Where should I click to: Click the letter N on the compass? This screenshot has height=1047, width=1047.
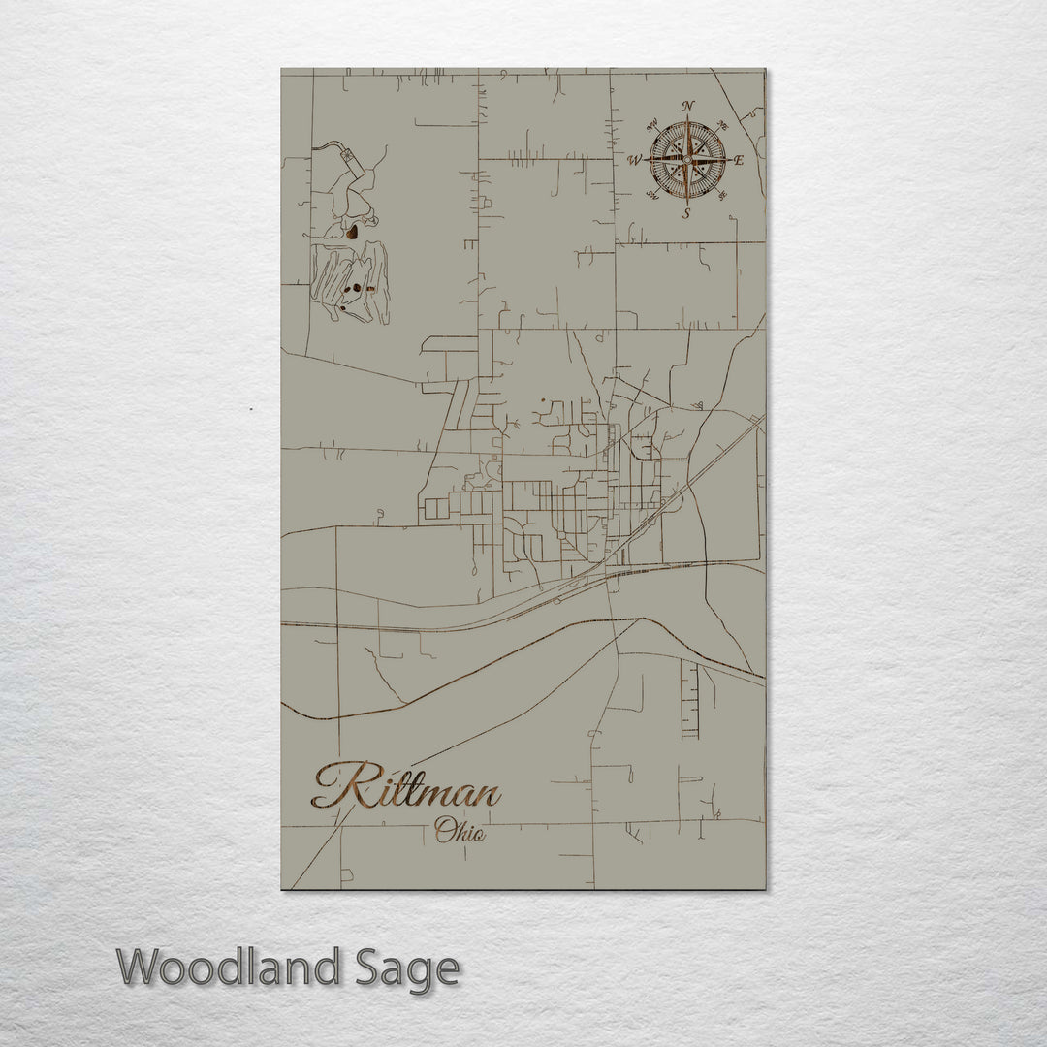tap(688, 107)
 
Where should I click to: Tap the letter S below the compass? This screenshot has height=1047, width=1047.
tap(686, 214)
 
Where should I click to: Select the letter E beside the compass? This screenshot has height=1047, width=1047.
tap(739, 161)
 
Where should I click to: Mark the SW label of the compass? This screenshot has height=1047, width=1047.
tap(652, 198)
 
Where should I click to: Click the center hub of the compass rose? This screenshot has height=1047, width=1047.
tap(687, 159)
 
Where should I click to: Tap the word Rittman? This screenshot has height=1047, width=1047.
tap(407, 787)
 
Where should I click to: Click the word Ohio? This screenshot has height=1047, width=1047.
tap(460, 831)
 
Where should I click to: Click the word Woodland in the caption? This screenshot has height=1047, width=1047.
tap(229, 968)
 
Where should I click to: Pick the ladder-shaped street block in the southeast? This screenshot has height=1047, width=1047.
tap(689, 698)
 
